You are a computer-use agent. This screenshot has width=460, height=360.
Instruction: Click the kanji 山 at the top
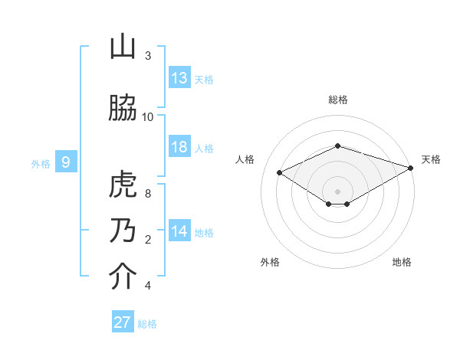[123, 47]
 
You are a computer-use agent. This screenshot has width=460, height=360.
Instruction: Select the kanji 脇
[123, 109]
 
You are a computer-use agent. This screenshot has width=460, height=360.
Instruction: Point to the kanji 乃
[123, 231]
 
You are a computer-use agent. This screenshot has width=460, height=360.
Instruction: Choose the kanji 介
[123, 277]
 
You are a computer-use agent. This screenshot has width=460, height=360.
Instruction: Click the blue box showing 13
[179, 77]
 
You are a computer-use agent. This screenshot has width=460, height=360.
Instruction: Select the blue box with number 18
[179, 147]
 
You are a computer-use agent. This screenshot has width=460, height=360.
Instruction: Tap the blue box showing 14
[179, 231]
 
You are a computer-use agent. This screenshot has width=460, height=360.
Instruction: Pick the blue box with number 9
[66, 162]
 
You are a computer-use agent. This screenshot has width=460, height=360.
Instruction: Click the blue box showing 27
[123, 322]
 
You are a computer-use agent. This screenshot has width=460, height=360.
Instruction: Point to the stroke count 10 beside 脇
[148, 116]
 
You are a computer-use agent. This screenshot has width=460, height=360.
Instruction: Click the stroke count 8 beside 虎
[148, 193]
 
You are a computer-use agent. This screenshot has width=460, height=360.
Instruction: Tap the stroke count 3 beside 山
[148, 56]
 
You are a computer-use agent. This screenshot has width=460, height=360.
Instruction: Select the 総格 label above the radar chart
[338, 100]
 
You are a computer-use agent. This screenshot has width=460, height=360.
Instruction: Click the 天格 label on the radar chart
[431, 159]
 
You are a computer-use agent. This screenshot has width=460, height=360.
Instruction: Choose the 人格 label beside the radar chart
[245, 159]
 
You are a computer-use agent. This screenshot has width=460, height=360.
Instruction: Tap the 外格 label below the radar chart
[270, 262]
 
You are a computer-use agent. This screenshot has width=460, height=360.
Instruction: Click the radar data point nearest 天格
[412, 169]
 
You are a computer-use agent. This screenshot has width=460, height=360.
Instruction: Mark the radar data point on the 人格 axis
[280, 172]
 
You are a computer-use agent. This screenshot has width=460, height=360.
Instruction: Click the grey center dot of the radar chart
[337, 190]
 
